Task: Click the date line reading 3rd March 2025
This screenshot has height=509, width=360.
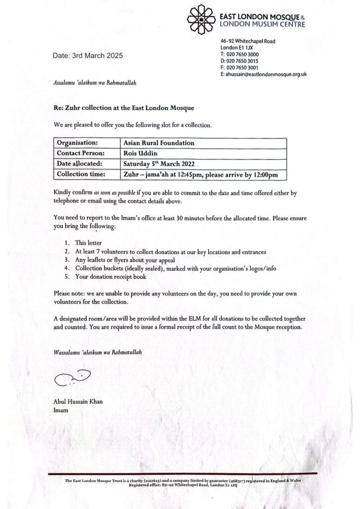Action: pos(88,56)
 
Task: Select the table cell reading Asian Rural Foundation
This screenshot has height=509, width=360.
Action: pos(159,143)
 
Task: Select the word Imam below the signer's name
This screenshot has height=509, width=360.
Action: pos(61,411)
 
